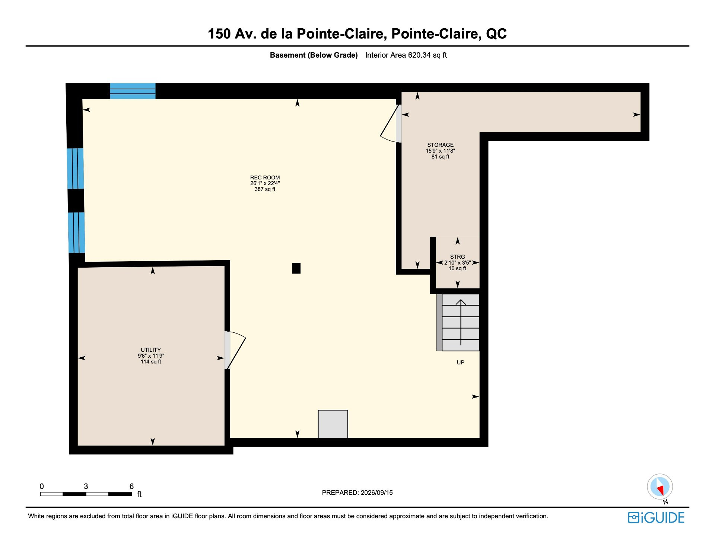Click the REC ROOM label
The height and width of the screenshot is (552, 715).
265,178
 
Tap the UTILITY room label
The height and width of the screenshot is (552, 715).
151,350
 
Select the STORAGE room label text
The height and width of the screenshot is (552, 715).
440,145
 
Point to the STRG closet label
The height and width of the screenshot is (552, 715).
457,257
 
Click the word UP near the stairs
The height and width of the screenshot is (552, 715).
461,363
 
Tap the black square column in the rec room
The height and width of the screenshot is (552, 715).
296,268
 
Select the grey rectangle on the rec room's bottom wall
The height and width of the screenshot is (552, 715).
333,424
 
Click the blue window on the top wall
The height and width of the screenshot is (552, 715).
133,91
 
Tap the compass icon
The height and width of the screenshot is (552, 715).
660,487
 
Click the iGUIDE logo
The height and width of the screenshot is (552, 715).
656,517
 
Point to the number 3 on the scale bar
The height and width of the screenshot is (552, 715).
86,486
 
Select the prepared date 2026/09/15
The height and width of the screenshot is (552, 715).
376,492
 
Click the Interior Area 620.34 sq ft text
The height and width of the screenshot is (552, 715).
406,55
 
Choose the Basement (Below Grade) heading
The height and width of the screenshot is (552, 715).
314,55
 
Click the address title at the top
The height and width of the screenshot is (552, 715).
357,34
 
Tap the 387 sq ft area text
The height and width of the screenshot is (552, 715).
265,189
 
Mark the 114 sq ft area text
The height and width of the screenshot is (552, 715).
151,361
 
